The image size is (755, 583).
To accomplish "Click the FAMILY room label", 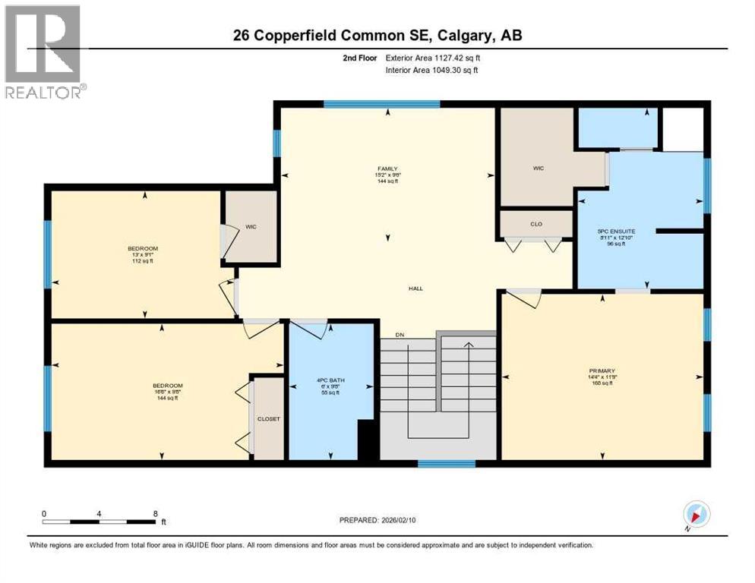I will [x=388, y=169].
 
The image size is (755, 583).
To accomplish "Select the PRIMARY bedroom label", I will [x=601, y=371].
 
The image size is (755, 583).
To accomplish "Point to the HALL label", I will [x=415, y=288].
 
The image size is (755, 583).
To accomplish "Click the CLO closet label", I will [x=535, y=225].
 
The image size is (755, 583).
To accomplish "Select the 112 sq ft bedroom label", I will [x=142, y=254].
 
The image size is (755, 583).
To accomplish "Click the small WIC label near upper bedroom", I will [x=251, y=226].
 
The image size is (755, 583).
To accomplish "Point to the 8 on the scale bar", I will [x=156, y=514].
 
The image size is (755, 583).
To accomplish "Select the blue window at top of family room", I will [x=381, y=105].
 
